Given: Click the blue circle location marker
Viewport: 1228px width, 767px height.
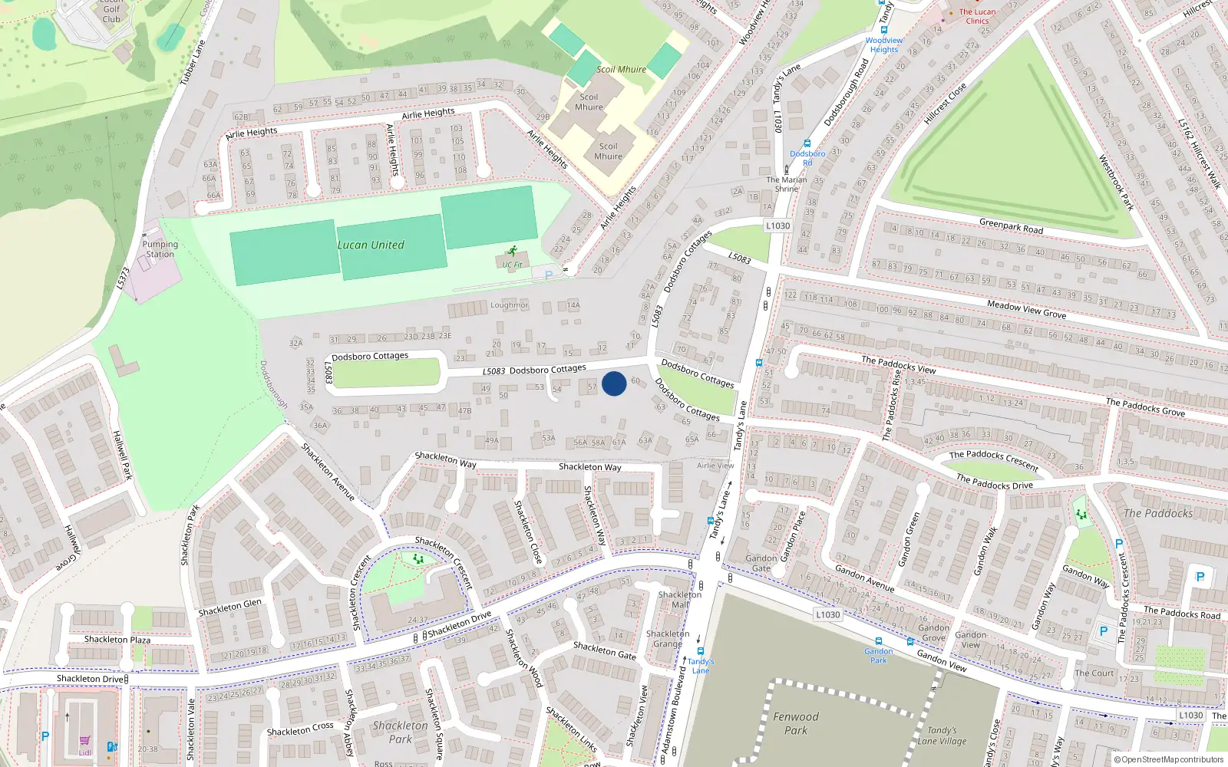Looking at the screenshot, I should [x=614, y=383].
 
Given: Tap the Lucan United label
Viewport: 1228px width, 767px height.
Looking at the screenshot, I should [x=371, y=245].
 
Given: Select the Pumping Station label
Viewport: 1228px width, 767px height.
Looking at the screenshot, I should [x=160, y=249].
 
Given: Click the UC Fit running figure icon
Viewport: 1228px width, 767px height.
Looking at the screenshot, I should [x=512, y=252].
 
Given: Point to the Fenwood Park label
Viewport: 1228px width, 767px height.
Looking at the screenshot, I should [x=796, y=723].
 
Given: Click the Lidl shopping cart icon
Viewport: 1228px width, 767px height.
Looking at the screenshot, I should [x=85, y=742].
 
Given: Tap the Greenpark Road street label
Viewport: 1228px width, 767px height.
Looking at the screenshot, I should [x=1011, y=226].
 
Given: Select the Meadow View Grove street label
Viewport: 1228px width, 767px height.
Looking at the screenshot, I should [x=1026, y=309].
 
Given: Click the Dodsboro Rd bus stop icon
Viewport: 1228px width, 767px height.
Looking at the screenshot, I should [x=807, y=143].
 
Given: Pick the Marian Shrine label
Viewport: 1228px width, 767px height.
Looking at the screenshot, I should [x=787, y=184].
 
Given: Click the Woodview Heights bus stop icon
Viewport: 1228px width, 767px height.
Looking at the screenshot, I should [x=883, y=31].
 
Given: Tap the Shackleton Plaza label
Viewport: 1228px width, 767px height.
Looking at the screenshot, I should [x=117, y=640].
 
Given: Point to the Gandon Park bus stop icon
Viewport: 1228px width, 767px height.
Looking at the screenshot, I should [x=878, y=641].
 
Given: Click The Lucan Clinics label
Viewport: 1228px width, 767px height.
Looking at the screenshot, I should [x=977, y=16].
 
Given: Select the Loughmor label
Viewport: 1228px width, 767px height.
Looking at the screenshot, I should [x=510, y=305].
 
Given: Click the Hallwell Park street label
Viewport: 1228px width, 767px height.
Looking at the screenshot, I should [x=123, y=455].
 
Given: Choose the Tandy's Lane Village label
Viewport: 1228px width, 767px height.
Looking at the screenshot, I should [x=942, y=736].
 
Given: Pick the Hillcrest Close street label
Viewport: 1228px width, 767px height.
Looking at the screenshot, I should [x=945, y=104].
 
